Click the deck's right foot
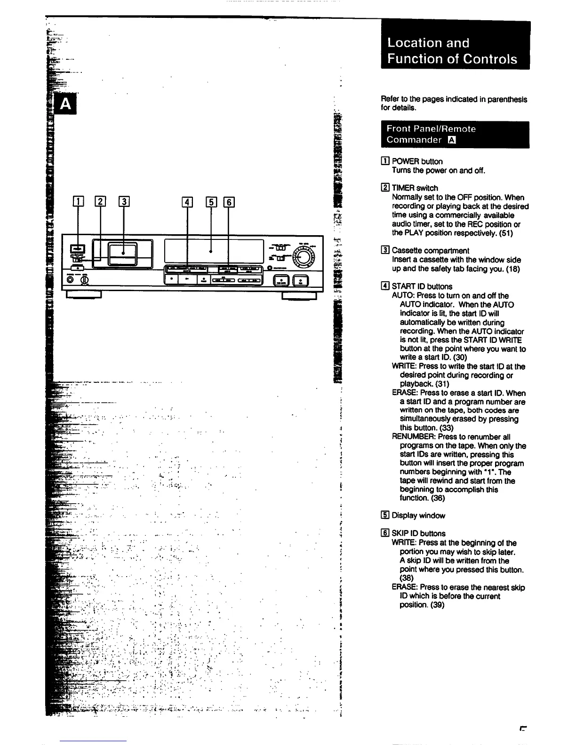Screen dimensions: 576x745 click(x=299, y=295)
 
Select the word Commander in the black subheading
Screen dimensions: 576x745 click(x=414, y=140)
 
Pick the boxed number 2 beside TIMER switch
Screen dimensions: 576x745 click(x=385, y=188)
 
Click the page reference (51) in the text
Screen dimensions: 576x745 click(x=506, y=233)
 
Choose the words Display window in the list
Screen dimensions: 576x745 click(x=418, y=515)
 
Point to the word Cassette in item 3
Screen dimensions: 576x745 click(x=407, y=251)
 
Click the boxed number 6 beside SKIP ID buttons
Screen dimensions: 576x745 click(x=385, y=533)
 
